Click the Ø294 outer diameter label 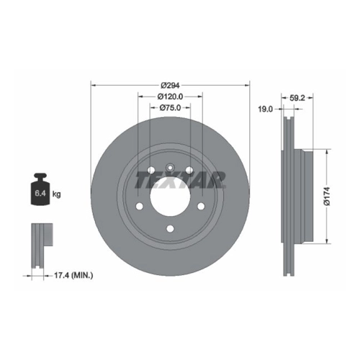[x=170, y=85]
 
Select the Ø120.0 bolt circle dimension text [x=170, y=96]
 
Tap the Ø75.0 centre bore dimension [x=170, y=108]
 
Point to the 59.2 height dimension [x=297, y=98]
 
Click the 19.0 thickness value [x=266, y=109]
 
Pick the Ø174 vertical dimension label [x=328, y=197]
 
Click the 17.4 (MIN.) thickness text [x=73, y=275]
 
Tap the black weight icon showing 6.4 [x=40, y=189]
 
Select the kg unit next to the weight [x=57, y=194]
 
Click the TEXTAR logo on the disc [x=181, y=179]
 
